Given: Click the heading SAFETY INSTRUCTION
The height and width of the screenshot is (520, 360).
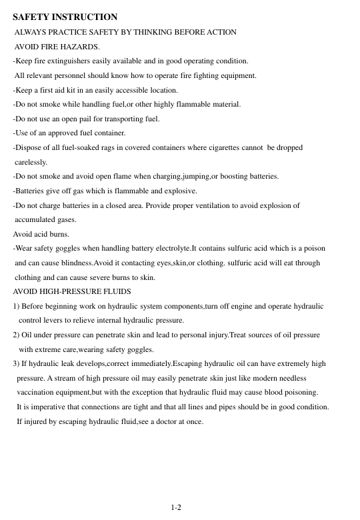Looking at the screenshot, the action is (65, 17).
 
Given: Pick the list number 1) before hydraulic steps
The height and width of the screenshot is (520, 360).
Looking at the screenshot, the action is (17, 306).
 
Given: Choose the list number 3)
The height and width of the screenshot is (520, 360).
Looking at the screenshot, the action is (17, 364).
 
